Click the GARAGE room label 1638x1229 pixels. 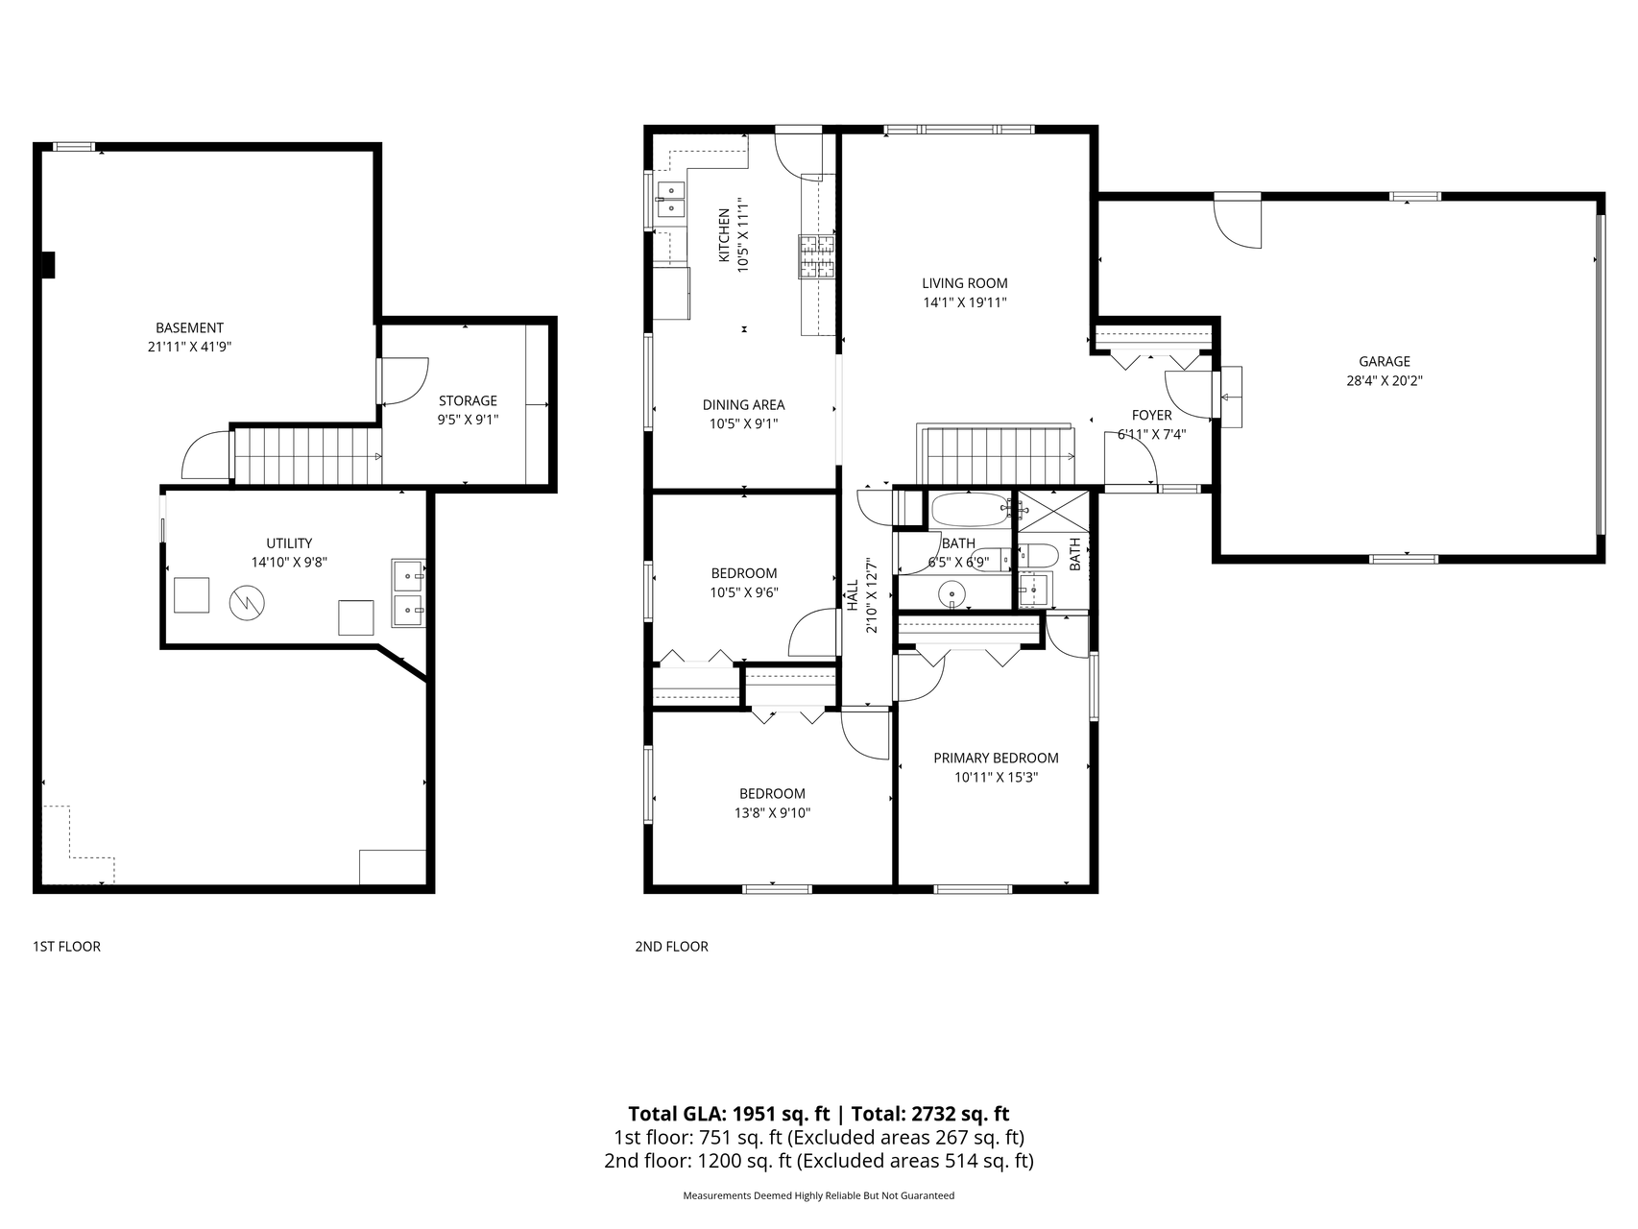point(1384,362)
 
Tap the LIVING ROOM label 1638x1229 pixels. point(965,283)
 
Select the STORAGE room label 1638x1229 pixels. point(468,400)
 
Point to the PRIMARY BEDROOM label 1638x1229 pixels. point(996,759)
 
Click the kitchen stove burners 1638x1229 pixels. point(816,256)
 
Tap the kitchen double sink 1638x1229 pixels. point(670,200)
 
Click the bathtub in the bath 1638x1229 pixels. point(969,508)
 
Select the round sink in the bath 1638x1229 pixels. point(952,594)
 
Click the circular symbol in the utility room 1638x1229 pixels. point(247,603)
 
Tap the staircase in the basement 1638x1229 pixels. point(307,455)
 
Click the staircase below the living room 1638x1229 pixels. point(999,456)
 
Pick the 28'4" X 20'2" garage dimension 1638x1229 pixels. point(1384,380)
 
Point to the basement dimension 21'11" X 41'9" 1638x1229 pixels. point(189,347)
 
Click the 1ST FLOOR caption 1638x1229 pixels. point(66,947)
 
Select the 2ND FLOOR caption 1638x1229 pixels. point(671,947)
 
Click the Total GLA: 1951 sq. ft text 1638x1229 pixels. point(728,1114)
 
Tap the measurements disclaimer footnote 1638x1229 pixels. point(818,1196)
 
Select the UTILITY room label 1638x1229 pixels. point(289,543)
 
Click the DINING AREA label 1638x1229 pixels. point(743,405)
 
